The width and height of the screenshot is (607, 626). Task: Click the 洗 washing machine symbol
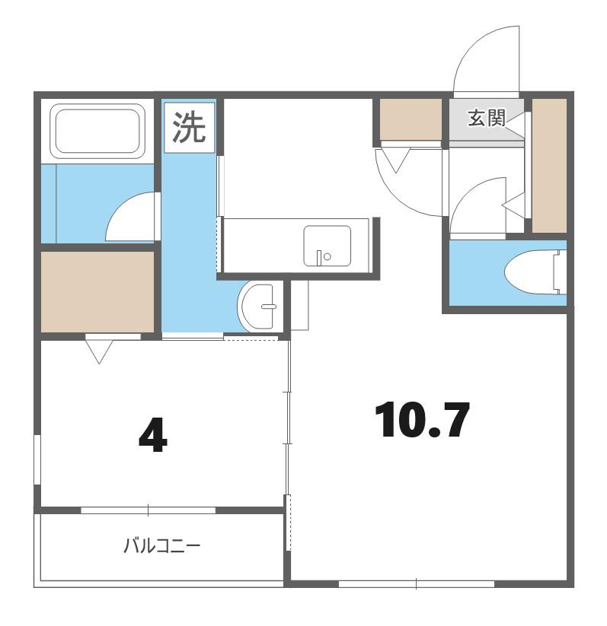coord(190,127)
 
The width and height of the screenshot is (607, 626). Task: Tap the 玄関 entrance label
coord(487,118)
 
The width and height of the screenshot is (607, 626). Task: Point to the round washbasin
coord(257,307)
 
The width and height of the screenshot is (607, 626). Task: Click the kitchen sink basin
coord(327,246)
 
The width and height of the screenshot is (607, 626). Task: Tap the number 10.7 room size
coord(422,420)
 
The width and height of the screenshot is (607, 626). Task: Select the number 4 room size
coord(153,437)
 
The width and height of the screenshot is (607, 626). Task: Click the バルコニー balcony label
coord(161,546)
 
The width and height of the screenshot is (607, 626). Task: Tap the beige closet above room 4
coord(97,291)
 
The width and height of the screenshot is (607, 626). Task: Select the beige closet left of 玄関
coord(411,119)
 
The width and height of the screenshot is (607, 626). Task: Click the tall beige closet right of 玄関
coord(549,166)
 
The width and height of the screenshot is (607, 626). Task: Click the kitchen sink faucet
coord(319,258)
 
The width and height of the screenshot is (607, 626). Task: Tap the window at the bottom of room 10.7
coord(417,583)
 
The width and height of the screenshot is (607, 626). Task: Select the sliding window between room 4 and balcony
coord(149,510)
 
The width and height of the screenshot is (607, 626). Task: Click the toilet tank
coord(560,272)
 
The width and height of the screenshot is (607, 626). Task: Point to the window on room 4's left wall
coord(37,460)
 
